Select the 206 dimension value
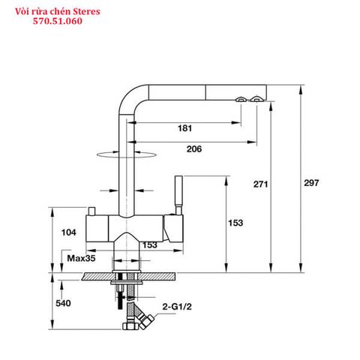[194, 149]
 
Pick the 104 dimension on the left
[68, 233]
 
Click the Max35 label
[79, 258]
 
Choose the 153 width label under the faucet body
[149, 244]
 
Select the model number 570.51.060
[58, 22]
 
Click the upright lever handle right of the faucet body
[178, 194]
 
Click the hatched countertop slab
[127, 276]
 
